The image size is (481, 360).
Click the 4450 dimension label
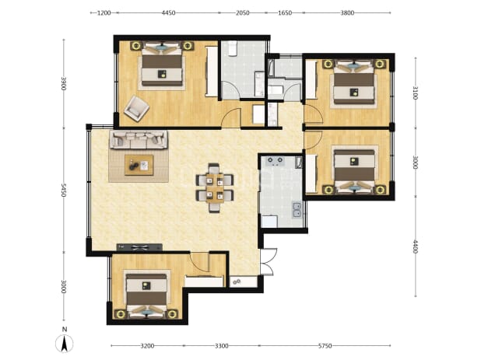[168, 13]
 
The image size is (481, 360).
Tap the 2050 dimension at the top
[242, 13]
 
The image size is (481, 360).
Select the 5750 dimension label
[325, 346]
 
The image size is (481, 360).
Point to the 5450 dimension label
[64, 190]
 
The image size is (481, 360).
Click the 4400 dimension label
[416, 246]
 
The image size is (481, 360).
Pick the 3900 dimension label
[64, 83]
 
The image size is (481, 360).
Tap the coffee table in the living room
[139, 165]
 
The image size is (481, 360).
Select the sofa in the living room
[139, 140]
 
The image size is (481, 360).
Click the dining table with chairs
[215, 188]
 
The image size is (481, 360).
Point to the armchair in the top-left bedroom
[136, 108]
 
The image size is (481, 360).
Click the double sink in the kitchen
[297, 210]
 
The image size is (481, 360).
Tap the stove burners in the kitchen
[276, 161]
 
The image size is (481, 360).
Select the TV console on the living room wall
[139, 247]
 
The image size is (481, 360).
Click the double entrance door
[268, 262]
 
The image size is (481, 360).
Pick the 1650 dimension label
[285, 13]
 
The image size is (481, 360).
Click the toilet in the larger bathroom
[232, 48]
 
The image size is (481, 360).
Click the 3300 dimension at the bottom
[222, 346]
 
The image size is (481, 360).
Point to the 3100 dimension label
[416, 93]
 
